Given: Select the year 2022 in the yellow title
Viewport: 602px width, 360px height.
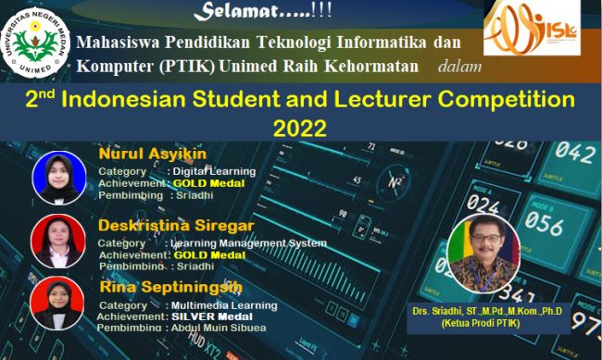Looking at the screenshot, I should pos(300,125).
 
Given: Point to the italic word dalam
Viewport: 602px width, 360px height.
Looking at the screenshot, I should pos(459,66).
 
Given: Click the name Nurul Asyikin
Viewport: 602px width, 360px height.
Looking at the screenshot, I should pos(153,154).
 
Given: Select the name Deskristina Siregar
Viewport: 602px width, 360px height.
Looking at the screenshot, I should pos(176,225).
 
